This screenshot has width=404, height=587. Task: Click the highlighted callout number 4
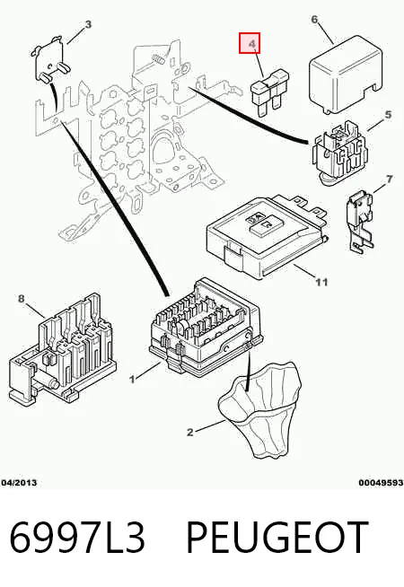click(x=253, y=44)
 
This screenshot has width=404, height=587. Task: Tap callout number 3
click(x=88, y=25)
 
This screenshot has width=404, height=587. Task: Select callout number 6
click(x=314, y=20)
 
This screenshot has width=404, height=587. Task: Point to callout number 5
click(x=388, y=114)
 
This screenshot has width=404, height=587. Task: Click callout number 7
click(x=390, y=180)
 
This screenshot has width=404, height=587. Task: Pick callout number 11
click(x=322, y=282)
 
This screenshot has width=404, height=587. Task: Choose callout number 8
click(x=21, y=298)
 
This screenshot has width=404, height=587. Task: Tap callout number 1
click(x=132, y=380)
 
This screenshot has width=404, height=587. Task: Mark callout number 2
click(x=190, y=433)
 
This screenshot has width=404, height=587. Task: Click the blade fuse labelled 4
click(x=268, y=91)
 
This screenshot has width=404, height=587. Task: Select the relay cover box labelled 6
click(x=346, y=74)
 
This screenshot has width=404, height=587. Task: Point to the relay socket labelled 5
click(x=339, y=153)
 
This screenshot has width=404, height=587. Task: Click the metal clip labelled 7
click(x=359, y=222)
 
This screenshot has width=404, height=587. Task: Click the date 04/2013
click(x=19, y=483)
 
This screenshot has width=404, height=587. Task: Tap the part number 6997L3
click(x=76, y=538)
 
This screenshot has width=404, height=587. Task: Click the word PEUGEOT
click(x=277, y=538)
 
